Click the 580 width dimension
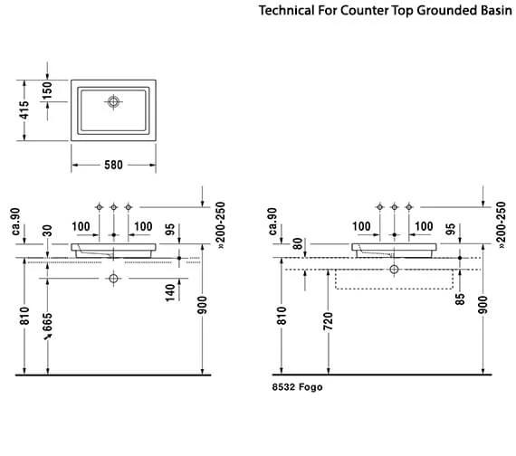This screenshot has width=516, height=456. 113,165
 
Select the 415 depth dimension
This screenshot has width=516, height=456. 24,110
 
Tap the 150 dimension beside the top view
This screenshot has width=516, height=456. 47,90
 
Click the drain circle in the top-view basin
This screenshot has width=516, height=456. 113,102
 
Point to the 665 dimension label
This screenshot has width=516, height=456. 47,323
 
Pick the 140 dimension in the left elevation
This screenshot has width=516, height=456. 170,293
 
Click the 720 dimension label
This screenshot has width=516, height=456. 328,321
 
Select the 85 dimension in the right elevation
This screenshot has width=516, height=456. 460,299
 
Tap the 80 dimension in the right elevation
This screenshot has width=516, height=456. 298,243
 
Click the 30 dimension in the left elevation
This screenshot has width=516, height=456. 47,231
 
